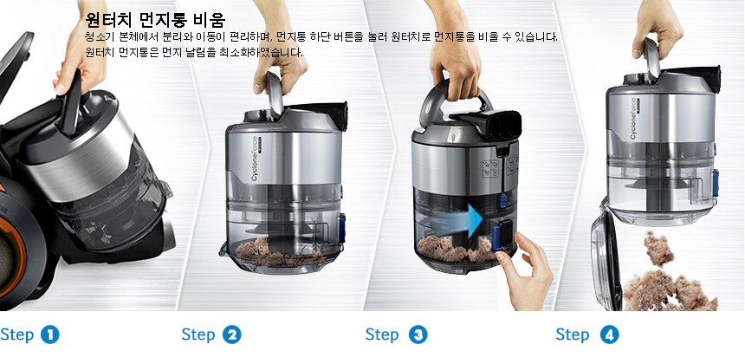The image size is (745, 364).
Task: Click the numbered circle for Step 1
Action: [x=50, y=335]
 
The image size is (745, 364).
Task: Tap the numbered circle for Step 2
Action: [x=232, y=335]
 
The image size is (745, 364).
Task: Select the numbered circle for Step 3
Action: [x=418, y=335]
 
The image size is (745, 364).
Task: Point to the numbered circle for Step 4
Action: [x=610, y=335]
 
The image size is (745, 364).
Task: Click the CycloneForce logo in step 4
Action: [x=635, y=116]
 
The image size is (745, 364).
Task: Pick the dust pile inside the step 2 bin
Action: [x=281, y=252]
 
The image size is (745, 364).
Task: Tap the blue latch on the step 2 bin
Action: [x=341, y=228]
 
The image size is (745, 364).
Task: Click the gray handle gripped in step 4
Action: [x=651, y=58]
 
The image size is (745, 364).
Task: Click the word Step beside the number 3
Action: [x=382, y=335]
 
